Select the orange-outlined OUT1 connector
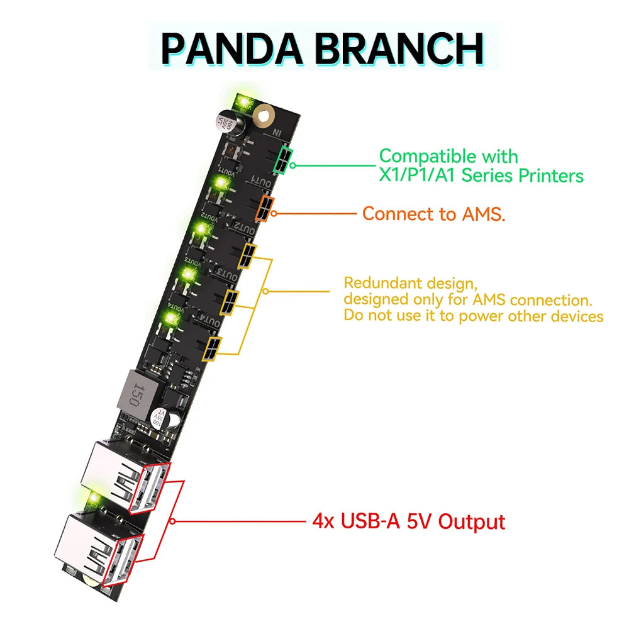tap(265, 208)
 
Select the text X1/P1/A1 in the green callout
tap(418, 175)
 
